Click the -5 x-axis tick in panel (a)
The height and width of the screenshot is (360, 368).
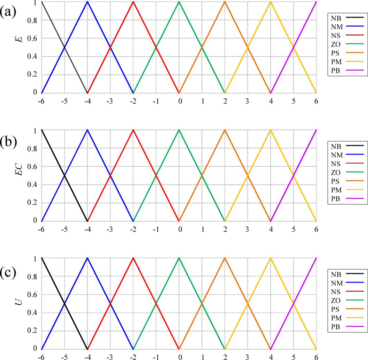(x=64, y=102)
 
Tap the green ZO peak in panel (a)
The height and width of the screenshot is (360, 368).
(x=179, y=2)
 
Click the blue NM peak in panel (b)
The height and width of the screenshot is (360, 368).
(x=87, y=130)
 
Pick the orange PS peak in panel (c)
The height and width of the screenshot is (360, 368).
(x=225, y=258)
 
